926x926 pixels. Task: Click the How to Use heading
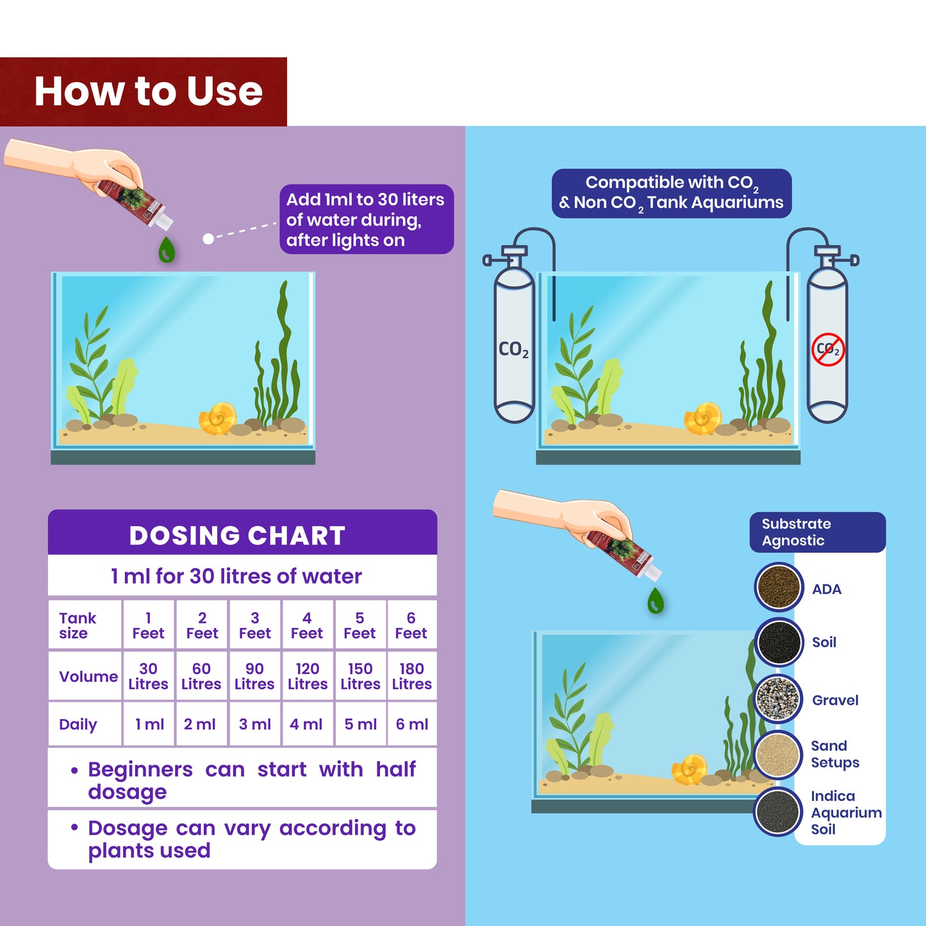[148, 92]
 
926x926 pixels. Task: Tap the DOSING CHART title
[237, 536]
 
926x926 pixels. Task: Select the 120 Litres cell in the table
[308, 677]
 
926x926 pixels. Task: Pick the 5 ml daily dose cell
[360, 725]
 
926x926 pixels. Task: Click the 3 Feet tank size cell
[255, 626]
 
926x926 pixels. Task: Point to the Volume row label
[88, 677]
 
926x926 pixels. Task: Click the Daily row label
[78, 725]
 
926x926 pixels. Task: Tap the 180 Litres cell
[411, 677]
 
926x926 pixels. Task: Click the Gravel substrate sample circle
[778, 699]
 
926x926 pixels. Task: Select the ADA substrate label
[827, 590]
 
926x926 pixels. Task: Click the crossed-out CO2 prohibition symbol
[828, 350]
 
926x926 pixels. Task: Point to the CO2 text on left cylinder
[513, 350]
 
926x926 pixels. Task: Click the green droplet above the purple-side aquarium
[167, 250]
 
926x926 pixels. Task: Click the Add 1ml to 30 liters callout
[366, 220]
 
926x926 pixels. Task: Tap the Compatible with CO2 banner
[671, 193]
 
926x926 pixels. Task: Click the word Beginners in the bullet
[140, 769]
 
